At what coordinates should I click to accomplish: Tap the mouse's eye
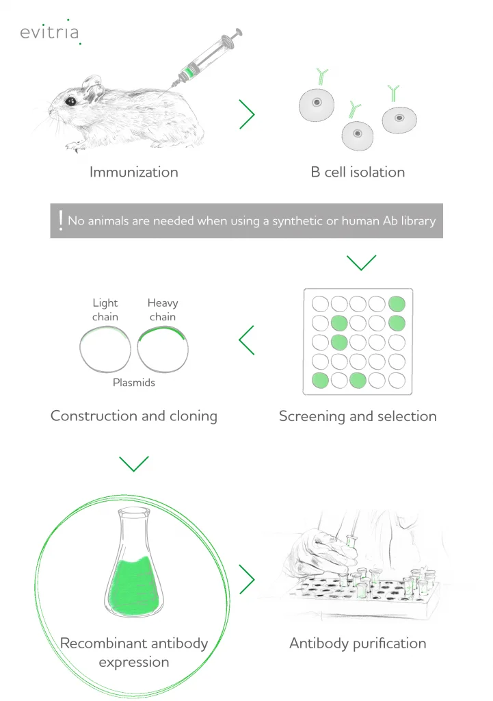[70, 101]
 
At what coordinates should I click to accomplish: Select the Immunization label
[133, 172]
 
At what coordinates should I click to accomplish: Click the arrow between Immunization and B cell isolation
[247, 114]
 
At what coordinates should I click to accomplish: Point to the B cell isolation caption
[358, 172]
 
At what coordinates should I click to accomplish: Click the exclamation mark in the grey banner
[61, 220]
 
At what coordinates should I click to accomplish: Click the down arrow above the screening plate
[361, 262]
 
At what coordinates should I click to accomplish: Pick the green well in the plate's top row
[397, 304]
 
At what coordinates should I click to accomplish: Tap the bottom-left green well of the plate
[320, 381]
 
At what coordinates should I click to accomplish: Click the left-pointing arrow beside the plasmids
[246, 340]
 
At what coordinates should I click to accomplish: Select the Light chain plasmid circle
[105, 349]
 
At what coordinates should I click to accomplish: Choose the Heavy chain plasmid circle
[163, 349]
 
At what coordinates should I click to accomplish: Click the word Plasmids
[134, 383]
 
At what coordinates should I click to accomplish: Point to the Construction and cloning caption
[134, 416]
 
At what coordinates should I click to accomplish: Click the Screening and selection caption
[358, 416]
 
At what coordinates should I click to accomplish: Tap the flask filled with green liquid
[134, 563]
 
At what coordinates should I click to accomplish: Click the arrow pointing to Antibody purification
[247, 579]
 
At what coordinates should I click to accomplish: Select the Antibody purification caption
[358, 643]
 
